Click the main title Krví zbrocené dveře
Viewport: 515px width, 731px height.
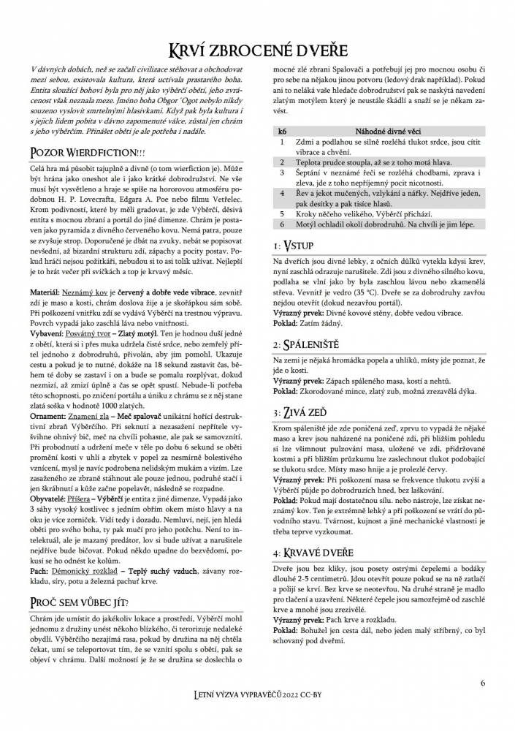[x=257, y=50]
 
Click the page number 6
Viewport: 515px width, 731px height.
[x=483, y=683]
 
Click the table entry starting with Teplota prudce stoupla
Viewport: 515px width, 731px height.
[x=374, y=162]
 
